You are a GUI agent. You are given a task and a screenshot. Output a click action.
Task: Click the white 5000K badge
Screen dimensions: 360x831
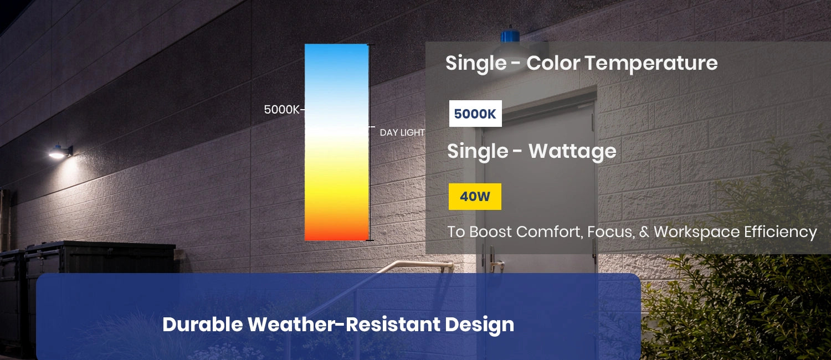[x=475, y=114]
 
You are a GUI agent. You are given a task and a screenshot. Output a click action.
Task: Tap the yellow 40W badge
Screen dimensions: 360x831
[x=475, y=197]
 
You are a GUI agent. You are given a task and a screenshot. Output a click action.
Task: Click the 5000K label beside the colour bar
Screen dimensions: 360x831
[x=281, y=110]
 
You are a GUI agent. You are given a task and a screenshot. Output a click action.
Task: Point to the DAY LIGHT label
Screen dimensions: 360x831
[x=402, y=133]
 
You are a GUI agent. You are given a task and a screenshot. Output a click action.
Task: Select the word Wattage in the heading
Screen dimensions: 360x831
[x=572, y=151]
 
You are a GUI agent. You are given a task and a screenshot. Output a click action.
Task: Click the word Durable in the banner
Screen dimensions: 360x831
[x=202, y=325]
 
